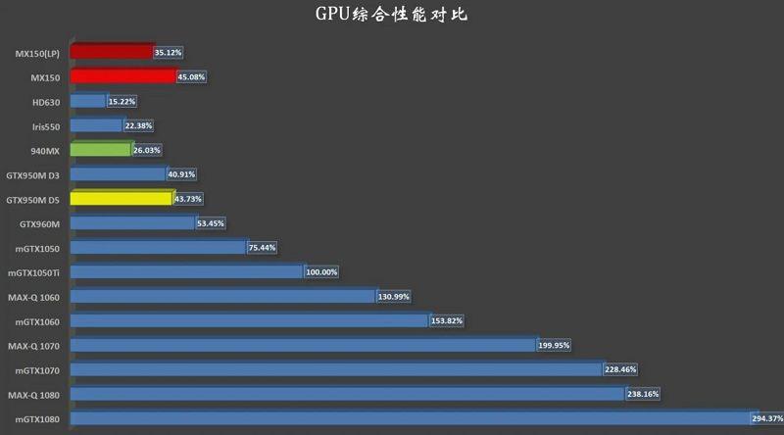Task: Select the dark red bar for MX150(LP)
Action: point(112,52)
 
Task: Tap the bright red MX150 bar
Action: point(123,76)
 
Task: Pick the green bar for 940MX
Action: point(101,150)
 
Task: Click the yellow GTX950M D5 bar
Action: point(122,199)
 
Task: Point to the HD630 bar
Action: point(88,101)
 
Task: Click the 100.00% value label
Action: point(321,272)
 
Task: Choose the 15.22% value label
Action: point(122,101)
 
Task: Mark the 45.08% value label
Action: point(191,76)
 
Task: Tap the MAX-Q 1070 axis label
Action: point(34,345)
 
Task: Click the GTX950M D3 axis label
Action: point(33,174)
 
